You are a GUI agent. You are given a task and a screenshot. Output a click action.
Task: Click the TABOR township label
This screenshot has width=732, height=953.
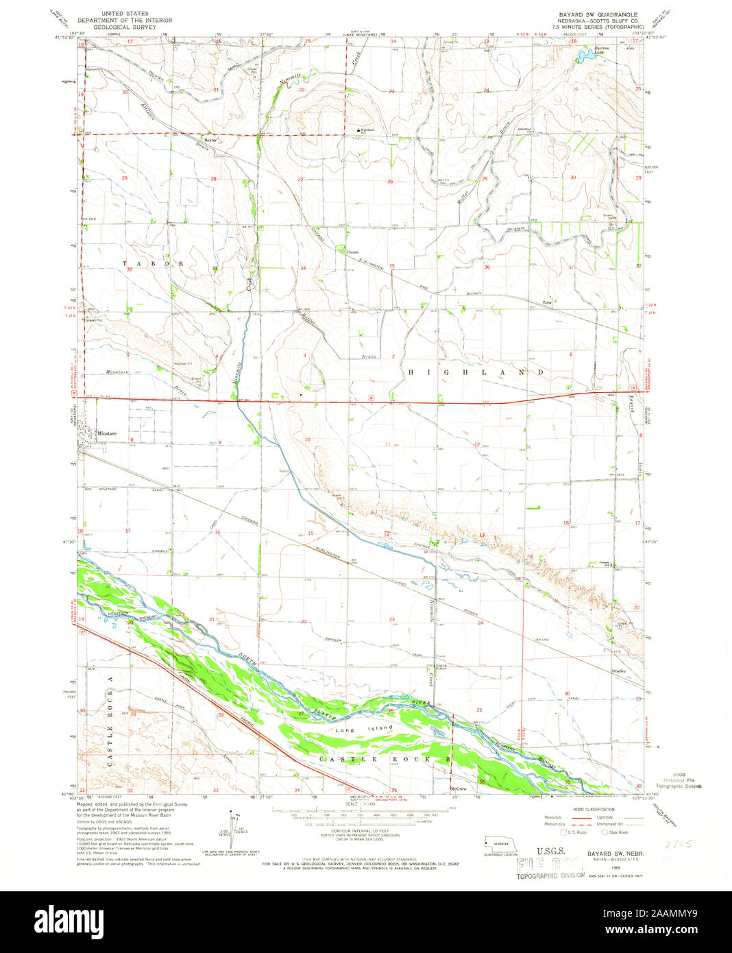(x=154, y=263)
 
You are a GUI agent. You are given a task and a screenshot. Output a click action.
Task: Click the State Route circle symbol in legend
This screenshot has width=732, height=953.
(x=605, y=832)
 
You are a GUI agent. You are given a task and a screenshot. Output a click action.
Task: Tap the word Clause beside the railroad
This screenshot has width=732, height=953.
(x=352, y=252)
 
